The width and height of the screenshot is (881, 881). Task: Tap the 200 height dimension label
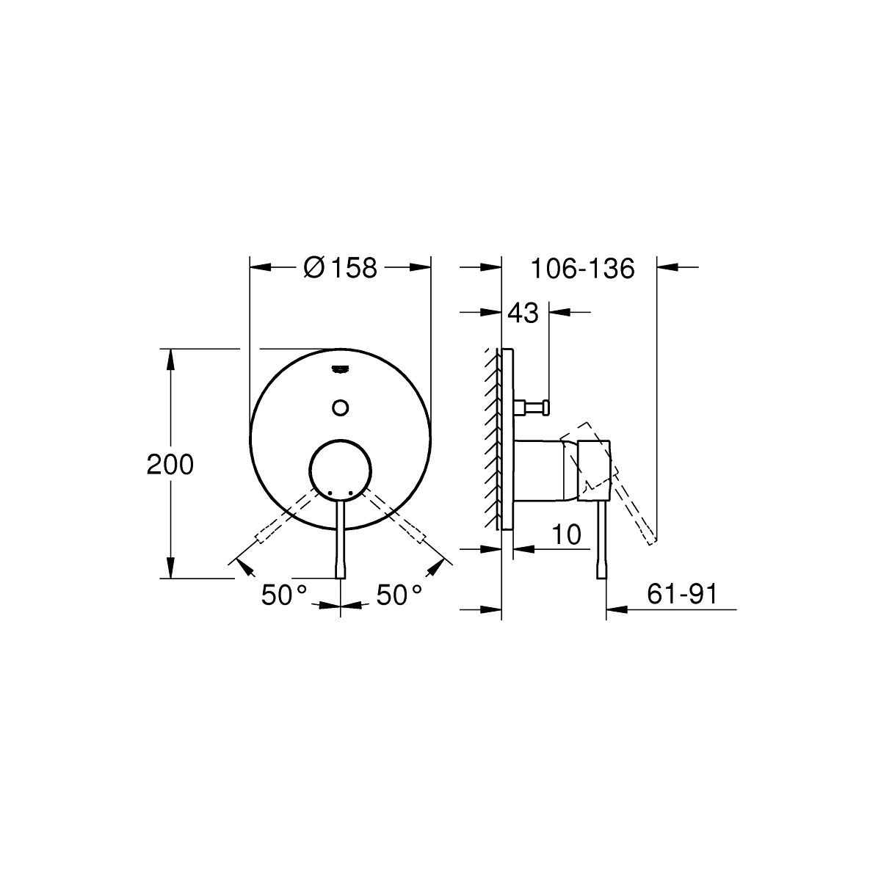(170, 465)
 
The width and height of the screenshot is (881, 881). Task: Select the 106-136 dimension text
(582, 269)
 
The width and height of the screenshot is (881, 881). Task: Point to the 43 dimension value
(523, 313)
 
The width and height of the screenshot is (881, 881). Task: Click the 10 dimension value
(567, 534)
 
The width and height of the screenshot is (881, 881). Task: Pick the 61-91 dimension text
(682, 595)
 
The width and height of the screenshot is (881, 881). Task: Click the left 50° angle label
(284, 595)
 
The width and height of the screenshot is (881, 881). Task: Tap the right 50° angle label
(399, 595)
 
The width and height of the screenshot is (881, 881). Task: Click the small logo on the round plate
(341, 370)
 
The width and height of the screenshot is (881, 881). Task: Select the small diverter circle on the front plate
(341, 407)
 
